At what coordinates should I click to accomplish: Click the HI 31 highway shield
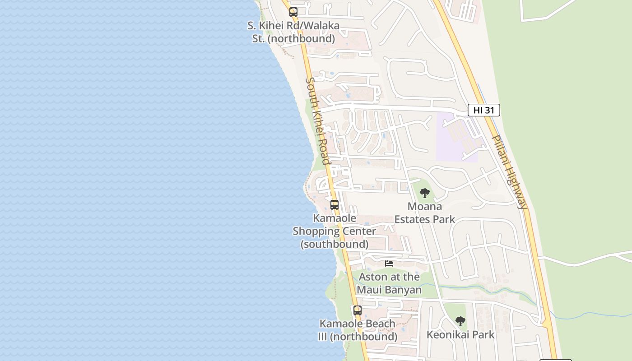(483, 110)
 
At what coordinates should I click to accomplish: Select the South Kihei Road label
(318, 121)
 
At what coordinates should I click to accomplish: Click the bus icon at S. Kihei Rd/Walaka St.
(293, 12)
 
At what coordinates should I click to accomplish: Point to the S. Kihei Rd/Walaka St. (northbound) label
(293, 32)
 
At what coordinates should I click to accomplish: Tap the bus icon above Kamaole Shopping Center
(335, 204)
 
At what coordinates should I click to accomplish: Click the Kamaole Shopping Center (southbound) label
(335, 231)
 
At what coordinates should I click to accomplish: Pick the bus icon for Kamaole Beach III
(358, 310)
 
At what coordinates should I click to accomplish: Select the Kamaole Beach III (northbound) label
(358, 330)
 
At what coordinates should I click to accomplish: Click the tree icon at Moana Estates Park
(424, 193)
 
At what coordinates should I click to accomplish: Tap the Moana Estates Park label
(424, 213)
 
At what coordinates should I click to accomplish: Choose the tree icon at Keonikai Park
(460, 321)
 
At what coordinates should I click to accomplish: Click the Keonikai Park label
(460, 334)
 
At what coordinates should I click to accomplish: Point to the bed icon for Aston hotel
(389, 263)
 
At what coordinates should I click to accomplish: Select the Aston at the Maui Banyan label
(389, 283)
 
